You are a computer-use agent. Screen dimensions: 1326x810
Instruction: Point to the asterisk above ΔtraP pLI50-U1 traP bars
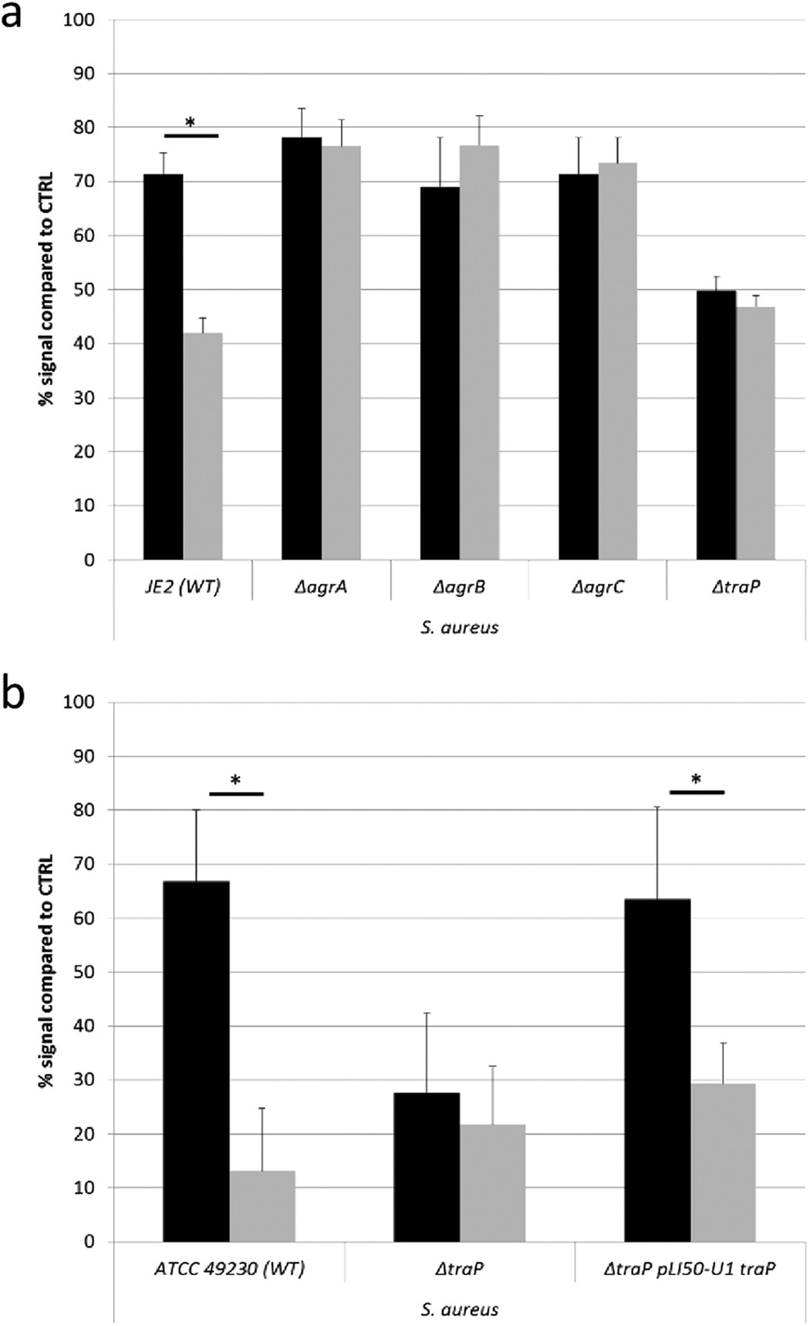click(696, 780)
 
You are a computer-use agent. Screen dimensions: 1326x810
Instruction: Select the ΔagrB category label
click(459, 587)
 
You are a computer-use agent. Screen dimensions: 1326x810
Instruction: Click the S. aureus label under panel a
click(459, 627)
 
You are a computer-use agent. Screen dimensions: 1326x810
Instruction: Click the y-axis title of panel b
click(46, 972)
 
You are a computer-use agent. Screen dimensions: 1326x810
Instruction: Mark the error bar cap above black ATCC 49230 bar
click(196, 809)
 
